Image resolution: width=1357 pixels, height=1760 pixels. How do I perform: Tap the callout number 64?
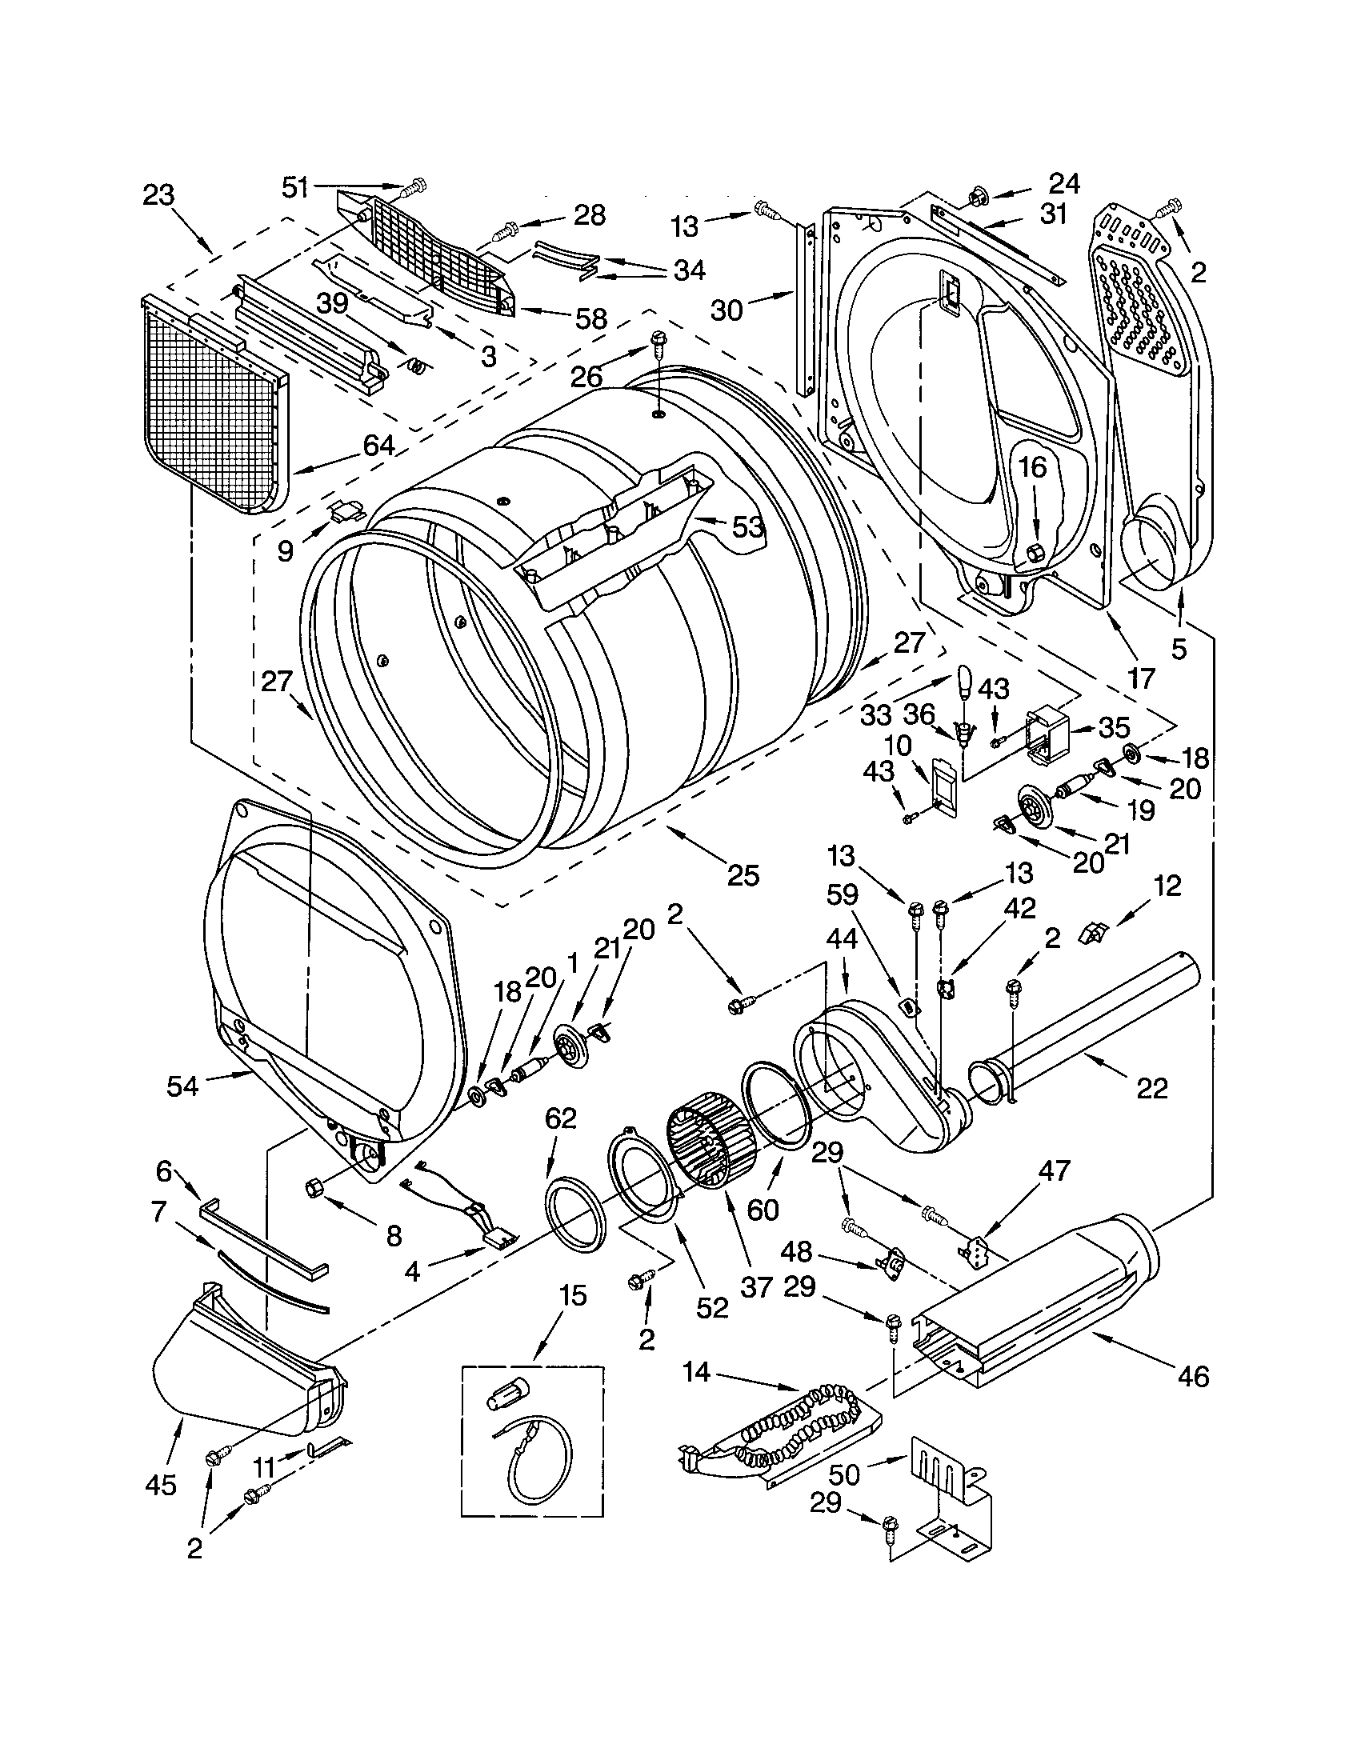pyautogui.click(x=378, y=445)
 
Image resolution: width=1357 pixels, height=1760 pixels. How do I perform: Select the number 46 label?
pyautogui.click(x=1194, y=1377)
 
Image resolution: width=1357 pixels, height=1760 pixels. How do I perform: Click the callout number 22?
pyautogui.click(x=1151, y=1089)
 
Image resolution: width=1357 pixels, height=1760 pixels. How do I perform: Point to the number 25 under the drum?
pyautogui.click(x=743, y=875)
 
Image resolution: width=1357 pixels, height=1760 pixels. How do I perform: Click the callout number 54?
pyautogui.click(x=182, y=1086)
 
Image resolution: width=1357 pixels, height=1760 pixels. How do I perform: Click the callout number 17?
pyautogui.click(x=1141, y=678)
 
